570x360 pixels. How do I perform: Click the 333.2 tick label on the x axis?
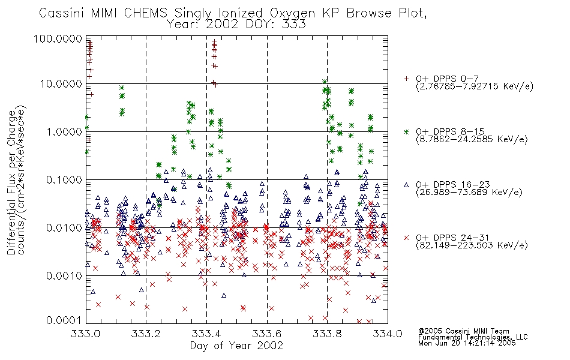pos(146,333)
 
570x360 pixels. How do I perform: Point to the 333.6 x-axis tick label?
pos(267,333)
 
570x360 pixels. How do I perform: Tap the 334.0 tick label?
pos(388,333)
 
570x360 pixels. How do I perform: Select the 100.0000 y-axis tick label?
pos(58,38)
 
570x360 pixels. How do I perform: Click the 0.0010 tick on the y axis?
pos(64,275)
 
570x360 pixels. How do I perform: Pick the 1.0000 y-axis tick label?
pos(64,131)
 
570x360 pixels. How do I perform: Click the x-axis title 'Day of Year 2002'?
pos(236,346)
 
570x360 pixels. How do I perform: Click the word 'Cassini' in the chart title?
pos(62,13)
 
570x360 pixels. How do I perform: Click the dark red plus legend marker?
pos(406,78)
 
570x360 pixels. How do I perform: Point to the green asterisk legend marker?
pos(406,131)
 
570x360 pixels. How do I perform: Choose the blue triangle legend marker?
pos(406,185)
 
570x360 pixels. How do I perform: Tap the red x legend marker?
pos(406,238)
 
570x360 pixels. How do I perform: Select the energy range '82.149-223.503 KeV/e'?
pos(472,245)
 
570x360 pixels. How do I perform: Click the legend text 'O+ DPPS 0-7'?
pos(447,79)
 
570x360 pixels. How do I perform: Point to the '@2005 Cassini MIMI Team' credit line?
pos(463,331)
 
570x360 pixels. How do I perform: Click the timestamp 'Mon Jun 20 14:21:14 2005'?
pos(467,343)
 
